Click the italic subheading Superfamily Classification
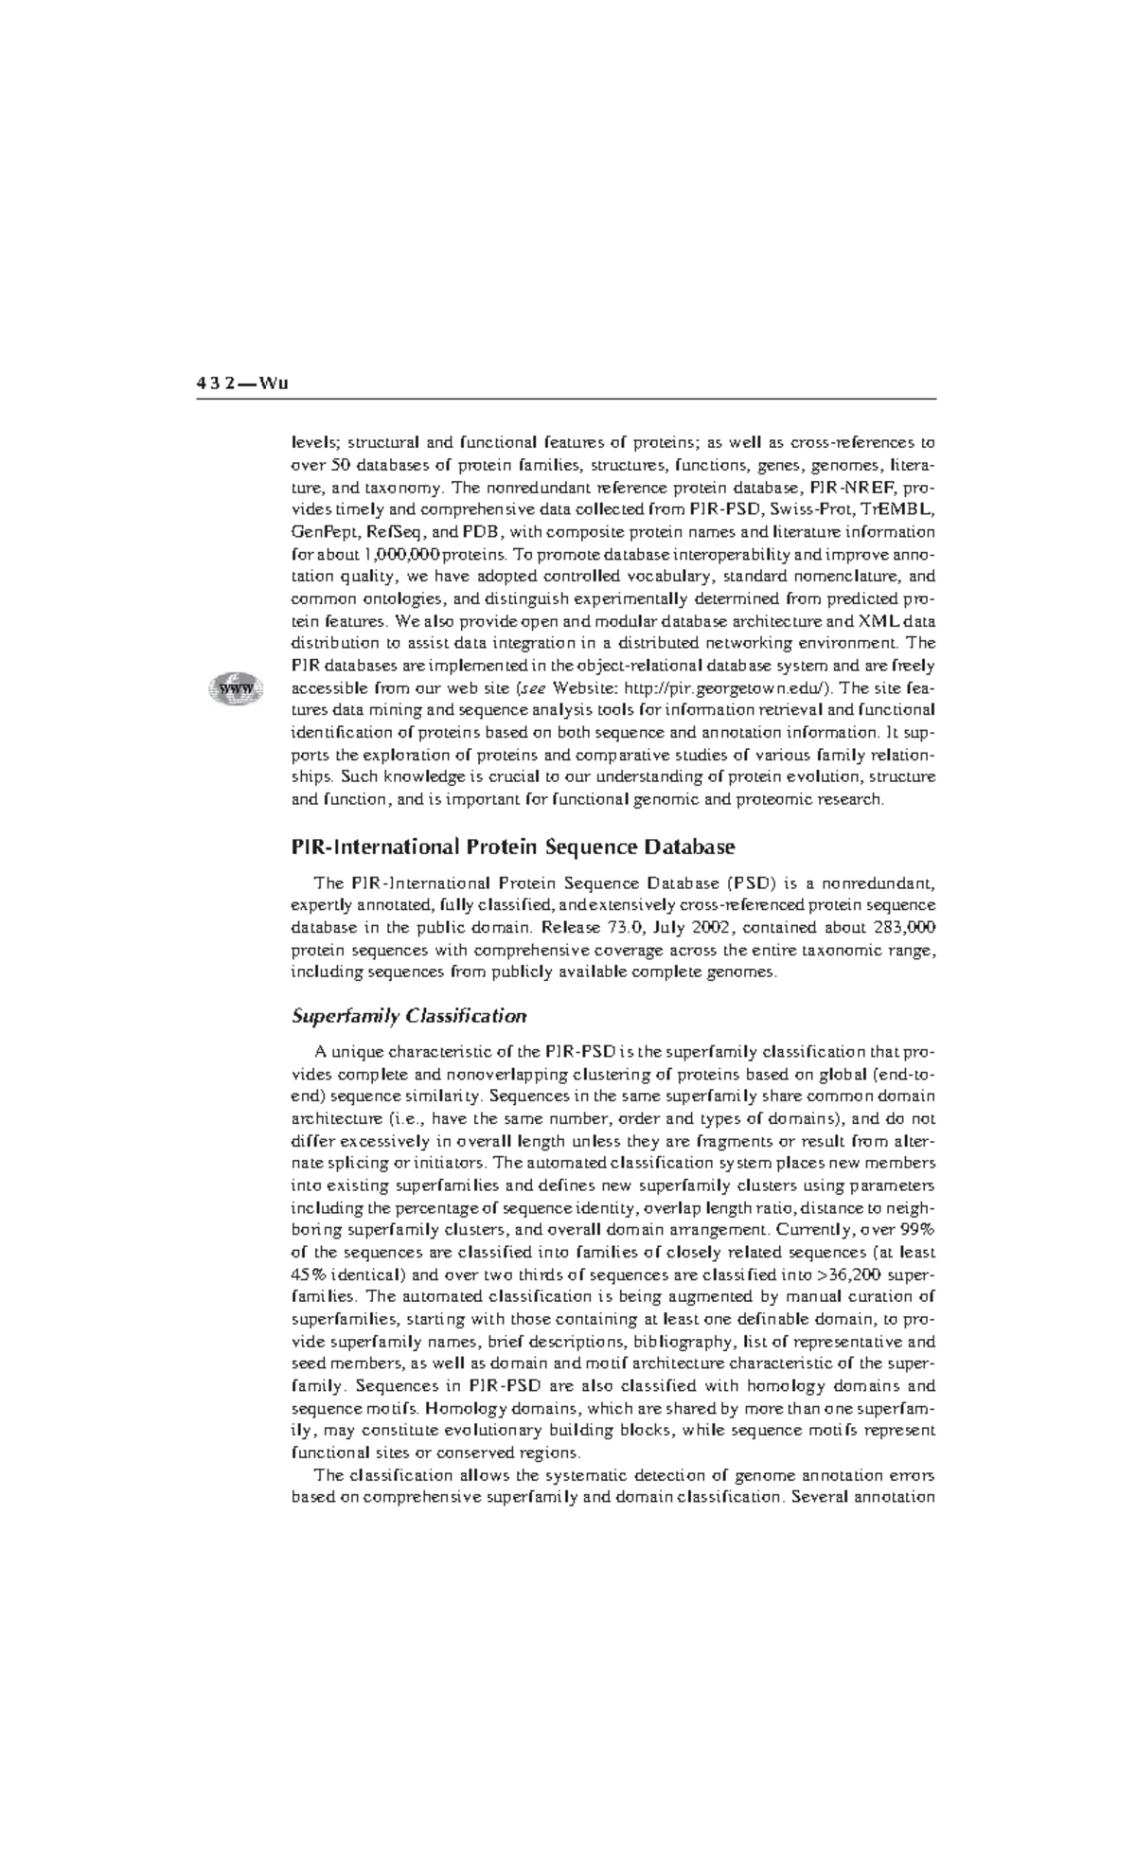tap(409, 1016)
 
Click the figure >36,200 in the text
tap(847, 1274)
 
